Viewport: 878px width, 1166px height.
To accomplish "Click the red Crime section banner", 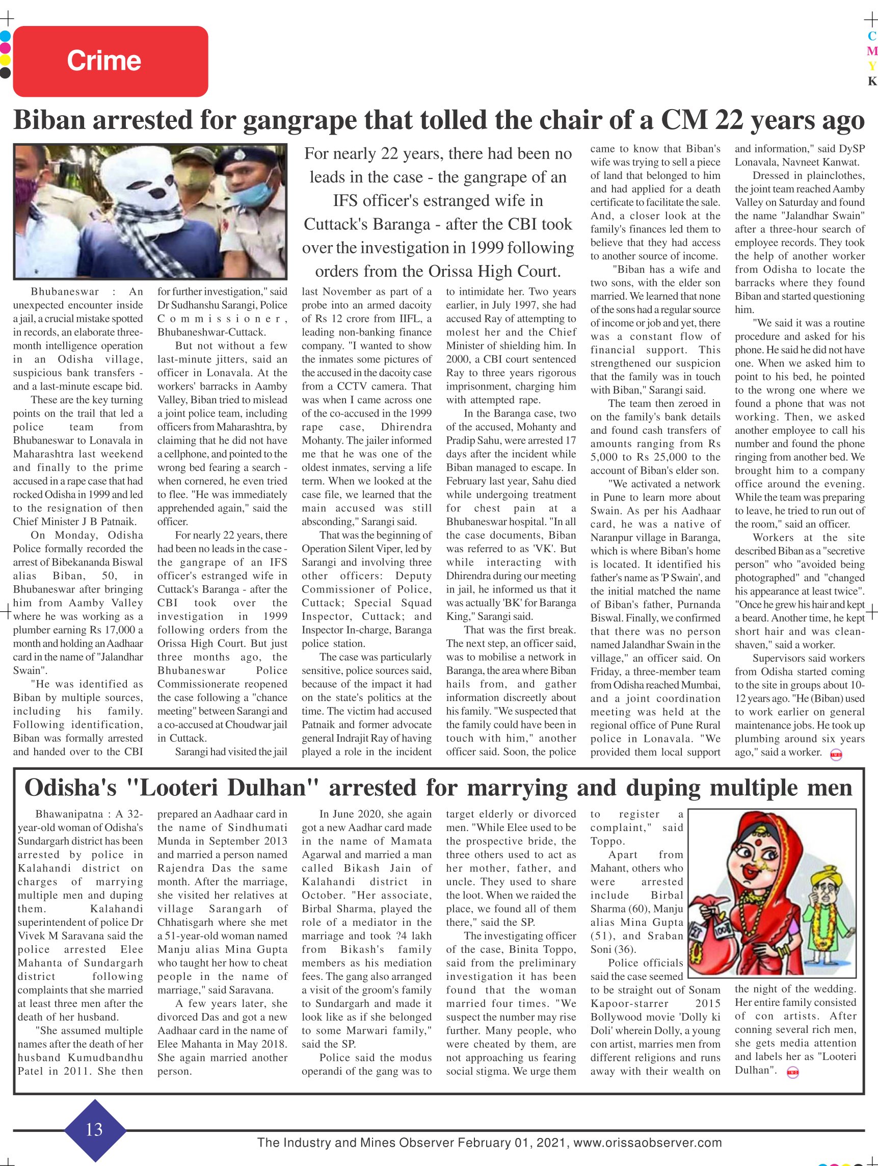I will point(110,61).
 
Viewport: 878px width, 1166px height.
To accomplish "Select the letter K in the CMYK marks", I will point(872,81).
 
